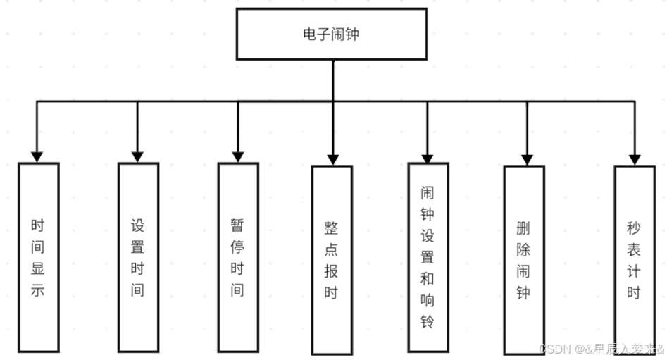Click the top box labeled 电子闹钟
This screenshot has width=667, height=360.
(332, 33)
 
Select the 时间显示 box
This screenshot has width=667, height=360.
(38, 257)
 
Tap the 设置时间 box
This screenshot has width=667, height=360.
(138, 257)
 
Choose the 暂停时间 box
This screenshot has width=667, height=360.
(238, 257)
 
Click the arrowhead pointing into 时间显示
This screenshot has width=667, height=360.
(37, 156)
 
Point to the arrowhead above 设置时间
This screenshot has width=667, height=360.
(137, 156)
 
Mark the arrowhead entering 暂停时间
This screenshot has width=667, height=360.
(238, 156)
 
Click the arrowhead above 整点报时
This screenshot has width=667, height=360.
(332, 160)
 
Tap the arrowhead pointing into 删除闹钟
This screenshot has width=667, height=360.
(523, 159)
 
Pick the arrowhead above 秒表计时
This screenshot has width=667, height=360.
(635, 160)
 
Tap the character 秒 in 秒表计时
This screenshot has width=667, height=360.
(635, 228)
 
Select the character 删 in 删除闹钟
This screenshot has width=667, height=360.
(523, 228)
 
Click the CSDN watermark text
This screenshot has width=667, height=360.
(602, 349)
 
